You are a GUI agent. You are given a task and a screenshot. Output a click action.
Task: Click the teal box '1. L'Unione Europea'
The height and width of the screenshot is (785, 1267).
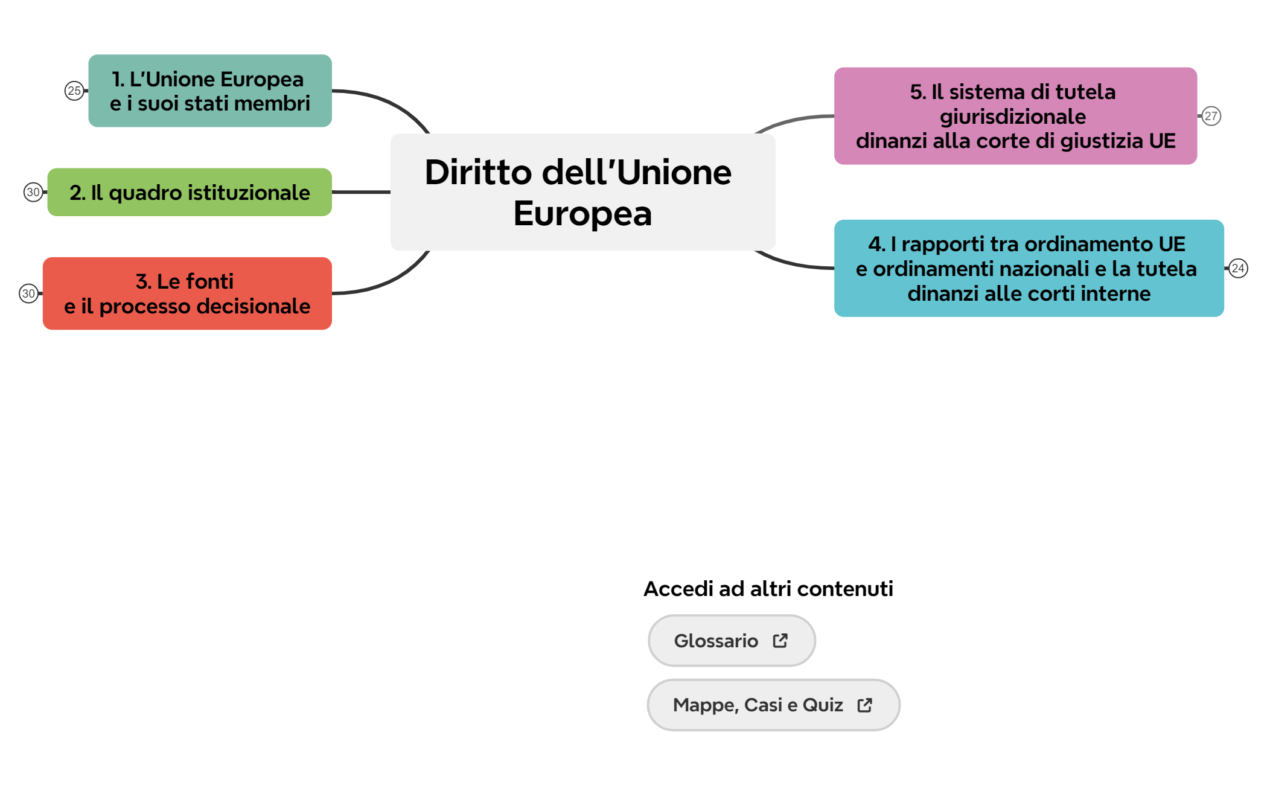[x=209, y=91]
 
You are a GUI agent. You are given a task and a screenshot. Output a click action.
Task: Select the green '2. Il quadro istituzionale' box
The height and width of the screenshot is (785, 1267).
[x=190, y=192]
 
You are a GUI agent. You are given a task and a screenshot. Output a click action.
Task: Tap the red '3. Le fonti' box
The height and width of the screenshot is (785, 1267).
[x=187, y=293]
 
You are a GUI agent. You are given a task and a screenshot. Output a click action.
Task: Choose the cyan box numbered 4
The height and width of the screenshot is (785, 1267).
[x=1029, y=268]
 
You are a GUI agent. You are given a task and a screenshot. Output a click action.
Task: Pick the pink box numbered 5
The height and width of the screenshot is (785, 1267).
[x=1015, y=116]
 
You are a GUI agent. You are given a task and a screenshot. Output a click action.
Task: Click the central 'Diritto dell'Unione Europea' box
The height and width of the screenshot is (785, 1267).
[x=582, y=192]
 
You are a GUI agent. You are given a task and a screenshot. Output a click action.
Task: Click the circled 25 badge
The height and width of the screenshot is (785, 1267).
[x=74, y=91]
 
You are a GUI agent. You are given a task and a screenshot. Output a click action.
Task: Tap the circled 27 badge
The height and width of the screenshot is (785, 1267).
[x=1211, y=116]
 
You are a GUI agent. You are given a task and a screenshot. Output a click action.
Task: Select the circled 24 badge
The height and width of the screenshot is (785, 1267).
[x=1238, y=268]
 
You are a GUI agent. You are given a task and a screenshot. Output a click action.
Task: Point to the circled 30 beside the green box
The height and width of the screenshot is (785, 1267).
[x=33, y=192]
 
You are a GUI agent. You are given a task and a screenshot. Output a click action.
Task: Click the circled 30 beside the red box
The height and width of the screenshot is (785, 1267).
[x=28, y=293]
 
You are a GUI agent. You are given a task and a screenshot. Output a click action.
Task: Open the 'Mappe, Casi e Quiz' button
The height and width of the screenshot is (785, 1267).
[x=758, y=705]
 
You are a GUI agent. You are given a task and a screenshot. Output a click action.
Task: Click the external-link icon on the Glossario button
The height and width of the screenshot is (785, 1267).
[x=780, y=641]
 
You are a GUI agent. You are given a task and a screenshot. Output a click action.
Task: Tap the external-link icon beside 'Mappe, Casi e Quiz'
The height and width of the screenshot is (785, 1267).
[x=865, y=705]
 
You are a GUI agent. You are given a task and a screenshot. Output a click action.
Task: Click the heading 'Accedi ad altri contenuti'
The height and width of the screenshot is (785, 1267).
[x=768, y=589]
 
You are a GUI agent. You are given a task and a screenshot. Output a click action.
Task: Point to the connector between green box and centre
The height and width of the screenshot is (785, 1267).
[x=361, y=192]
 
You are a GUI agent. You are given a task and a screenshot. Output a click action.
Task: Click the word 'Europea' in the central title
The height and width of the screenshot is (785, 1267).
[x=582, y=214]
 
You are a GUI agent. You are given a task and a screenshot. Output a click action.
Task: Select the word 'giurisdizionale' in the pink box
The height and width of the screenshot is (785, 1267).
[x=1013, y=117]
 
